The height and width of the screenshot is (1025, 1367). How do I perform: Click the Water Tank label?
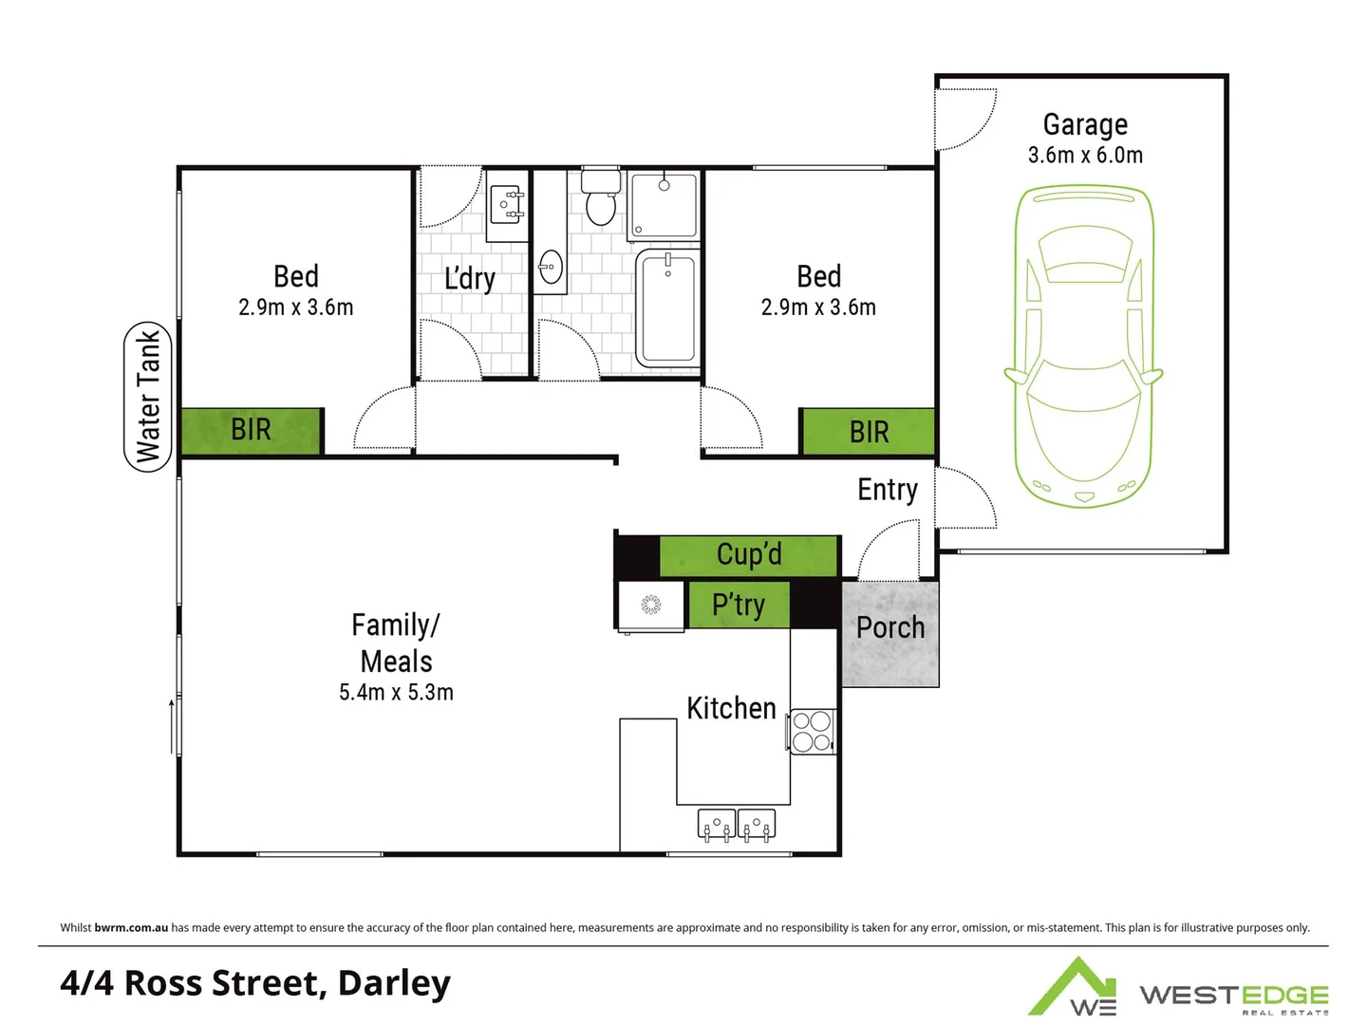(x=148, y=396)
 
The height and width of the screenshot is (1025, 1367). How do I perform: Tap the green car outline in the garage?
(x=1083, y=346)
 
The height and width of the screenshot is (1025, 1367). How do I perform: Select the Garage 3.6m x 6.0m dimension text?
(x=1085, y=155)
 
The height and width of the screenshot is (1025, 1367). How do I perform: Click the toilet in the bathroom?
(x=600, y=200)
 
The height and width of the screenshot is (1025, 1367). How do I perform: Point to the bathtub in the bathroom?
(x=668, y=307)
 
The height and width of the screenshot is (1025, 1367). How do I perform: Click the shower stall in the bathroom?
(x=665, y=204)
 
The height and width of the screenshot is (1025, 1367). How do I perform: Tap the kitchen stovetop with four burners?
(x=813, y=732)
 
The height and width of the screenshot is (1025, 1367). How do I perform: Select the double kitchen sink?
(x=737, y=824)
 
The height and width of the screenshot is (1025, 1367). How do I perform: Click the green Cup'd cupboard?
(x=748, y=555)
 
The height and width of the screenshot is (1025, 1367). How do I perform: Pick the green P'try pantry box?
(x=738, y=606)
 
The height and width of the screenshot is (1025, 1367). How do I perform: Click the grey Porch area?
(x=889, y=634)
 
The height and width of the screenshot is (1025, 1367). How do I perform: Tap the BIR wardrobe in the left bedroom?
(x=252, y=431)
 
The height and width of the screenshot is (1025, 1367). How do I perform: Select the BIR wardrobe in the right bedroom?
(x=868, y=433)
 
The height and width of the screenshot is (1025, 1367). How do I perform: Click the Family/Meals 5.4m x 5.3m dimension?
(x=396, y=693)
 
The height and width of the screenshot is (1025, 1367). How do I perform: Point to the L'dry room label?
(x=470, y=278)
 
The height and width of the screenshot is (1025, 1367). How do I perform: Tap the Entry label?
(x=888, y=490)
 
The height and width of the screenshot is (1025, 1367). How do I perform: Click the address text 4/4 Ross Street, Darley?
(x=255, y=983)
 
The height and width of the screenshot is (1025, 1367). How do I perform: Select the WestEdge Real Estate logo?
(x=1178, y=990)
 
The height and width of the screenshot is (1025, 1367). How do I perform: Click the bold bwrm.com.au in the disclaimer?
(x=131, y=927)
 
